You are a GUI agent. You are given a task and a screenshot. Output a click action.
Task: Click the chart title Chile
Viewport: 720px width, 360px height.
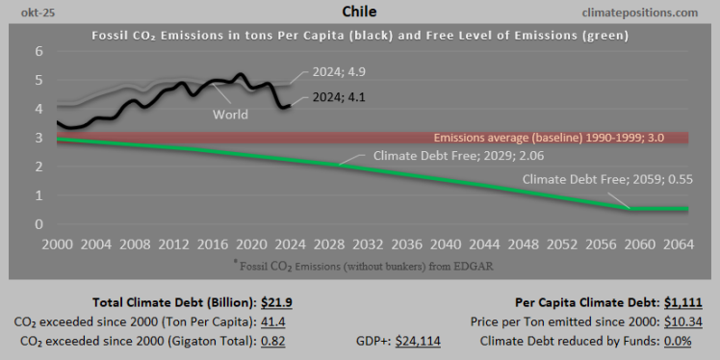point(359,13)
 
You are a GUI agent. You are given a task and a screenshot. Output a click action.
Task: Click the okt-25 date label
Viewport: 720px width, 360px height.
point(27,13)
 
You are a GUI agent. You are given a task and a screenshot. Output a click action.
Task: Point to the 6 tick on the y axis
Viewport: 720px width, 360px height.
point(39,51)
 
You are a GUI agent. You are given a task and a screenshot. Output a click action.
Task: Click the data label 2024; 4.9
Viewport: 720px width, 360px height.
point(340,72)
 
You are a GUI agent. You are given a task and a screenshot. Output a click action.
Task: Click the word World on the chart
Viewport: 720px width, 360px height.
point(229,114)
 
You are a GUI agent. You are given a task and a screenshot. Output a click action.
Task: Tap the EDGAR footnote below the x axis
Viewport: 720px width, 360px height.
point(361,264)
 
